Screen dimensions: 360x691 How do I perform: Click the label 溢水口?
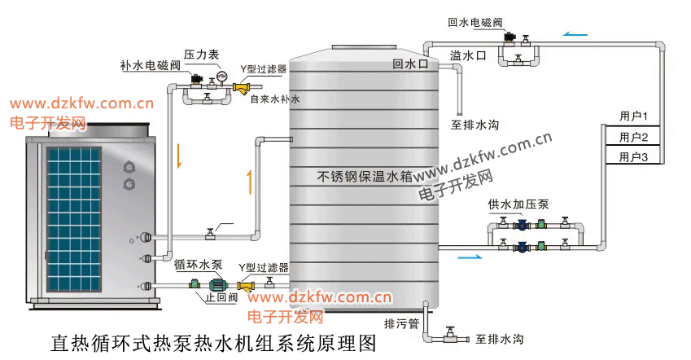(x=468, y=55)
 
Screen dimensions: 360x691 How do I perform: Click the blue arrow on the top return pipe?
(x=575, y=35)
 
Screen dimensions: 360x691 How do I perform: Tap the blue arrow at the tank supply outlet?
(x=469, y=257)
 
